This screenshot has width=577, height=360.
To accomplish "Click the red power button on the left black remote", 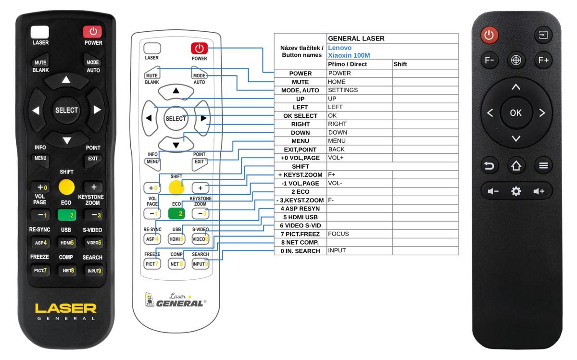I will [92, 32].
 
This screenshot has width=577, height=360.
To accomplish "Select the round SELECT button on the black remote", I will [66, 110].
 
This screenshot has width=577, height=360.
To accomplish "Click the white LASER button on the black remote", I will [40, 32].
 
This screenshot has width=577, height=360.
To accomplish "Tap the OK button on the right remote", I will [515, 112].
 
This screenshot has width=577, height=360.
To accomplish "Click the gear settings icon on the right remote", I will [516, 191].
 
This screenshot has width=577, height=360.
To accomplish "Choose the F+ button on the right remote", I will [543, 60].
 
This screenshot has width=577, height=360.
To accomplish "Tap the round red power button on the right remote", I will [489, 35].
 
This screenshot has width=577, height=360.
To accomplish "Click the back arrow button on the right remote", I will [489, 166].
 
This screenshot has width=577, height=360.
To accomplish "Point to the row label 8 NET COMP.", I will [300, 242].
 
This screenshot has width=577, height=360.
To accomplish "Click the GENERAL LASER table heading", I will [356, 38].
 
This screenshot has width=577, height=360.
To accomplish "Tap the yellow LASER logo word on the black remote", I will [66, 308].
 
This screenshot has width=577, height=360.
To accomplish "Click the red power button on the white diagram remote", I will [199, 48].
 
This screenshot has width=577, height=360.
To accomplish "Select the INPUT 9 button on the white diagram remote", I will [200, 263].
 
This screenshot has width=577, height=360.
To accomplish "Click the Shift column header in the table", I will [400, 64].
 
